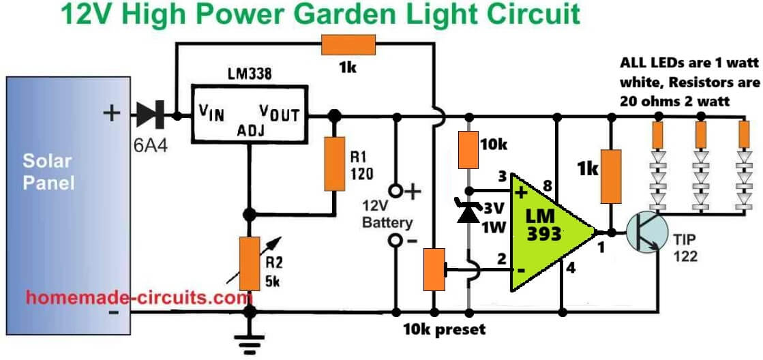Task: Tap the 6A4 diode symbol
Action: pyautogui.click(x=149, y=116)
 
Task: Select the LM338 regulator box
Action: pyautogui.click(x=249, y=115)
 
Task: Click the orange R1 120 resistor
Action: pyautogui.click(x=334, y=164)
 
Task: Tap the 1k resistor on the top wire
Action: pyautogui.click(x=348, y=46)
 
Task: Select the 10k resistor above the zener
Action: pyautogui.click(x=468, y=150)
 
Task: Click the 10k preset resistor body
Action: pyautogui.click(x=433, y=269)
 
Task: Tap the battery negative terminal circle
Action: pyautogui.click(x=395, y=241)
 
